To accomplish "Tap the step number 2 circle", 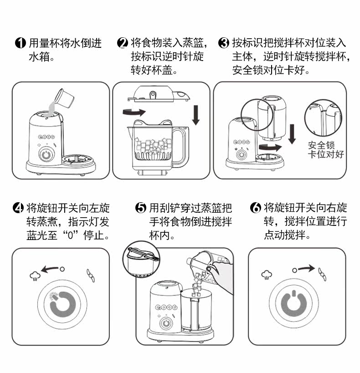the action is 123,44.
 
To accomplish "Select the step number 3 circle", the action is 224,44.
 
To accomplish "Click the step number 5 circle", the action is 141,209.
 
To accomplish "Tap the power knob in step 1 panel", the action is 46,154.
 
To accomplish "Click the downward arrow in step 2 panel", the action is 196,114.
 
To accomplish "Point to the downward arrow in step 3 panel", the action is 292,132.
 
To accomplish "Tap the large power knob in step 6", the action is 294,302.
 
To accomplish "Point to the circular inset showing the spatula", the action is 142,260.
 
